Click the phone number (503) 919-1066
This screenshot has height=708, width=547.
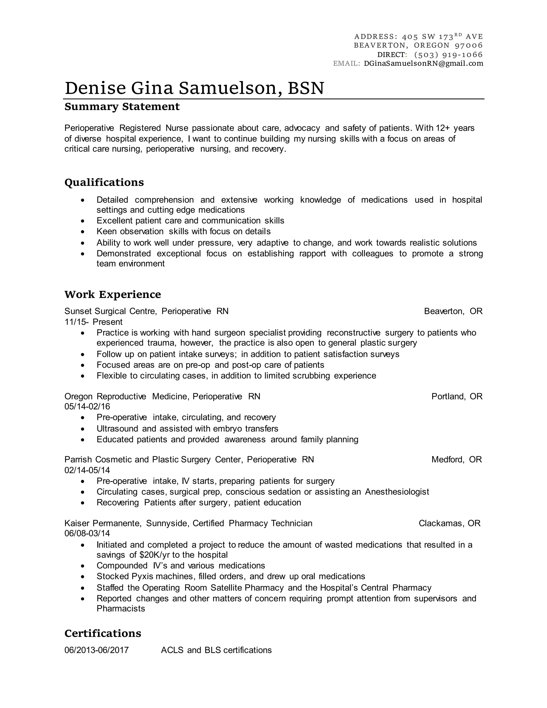tap(448, 55)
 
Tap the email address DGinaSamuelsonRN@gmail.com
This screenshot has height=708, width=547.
tap(423, 64)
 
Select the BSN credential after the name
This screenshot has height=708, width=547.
tap(306, 88)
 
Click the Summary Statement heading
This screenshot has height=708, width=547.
tap(122, 107)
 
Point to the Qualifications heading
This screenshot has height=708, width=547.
tap(104, 182)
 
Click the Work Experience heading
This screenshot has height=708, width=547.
tap(112, 294)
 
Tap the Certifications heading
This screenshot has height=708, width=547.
tap(103, 633)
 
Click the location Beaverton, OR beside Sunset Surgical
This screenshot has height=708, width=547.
tap(453, 311)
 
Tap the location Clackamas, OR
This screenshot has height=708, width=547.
tap(449, 523)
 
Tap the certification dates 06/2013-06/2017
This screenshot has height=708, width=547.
tap(97, 650)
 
